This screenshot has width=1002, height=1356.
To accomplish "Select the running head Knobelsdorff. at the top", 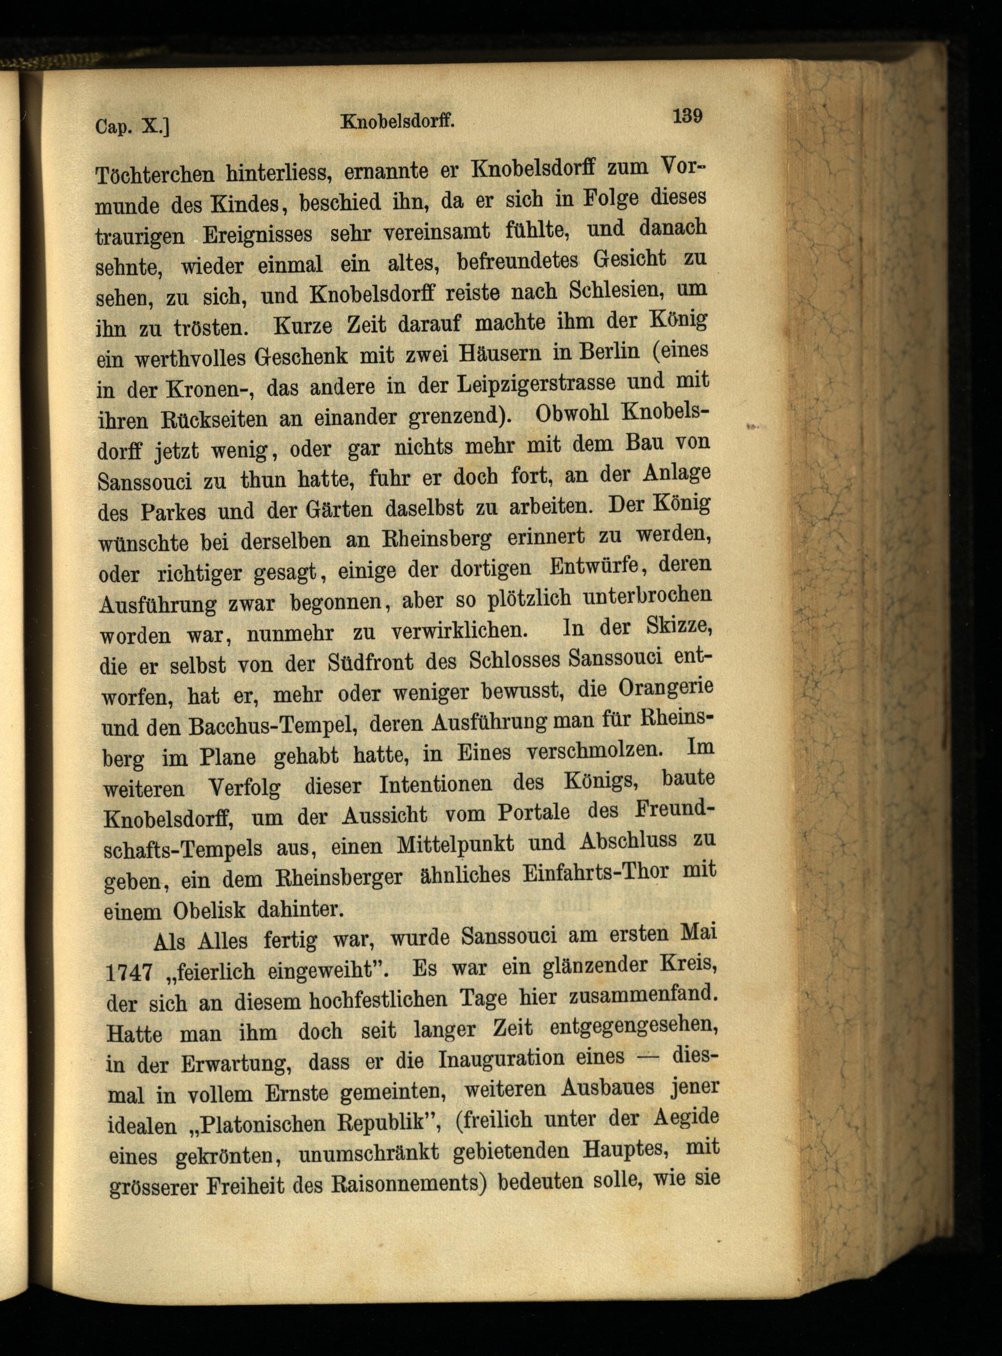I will pos(397,121).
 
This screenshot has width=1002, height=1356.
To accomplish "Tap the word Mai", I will pos(699,931).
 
